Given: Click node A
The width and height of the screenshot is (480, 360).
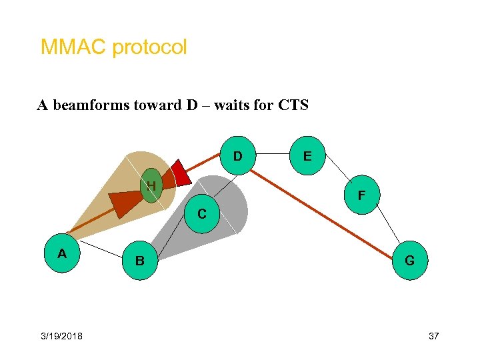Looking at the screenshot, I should click(x=62, y=253).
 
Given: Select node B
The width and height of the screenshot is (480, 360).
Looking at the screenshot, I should click(x=140, y=260).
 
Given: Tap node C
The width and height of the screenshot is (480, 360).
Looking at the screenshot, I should click(x=201, y=215).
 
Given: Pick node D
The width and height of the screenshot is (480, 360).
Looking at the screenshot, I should click(x=237, y=157).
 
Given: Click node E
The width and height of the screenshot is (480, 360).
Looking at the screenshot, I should click(x=307, y=157).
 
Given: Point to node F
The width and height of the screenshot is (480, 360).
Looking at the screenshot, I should click(x=361, y=195).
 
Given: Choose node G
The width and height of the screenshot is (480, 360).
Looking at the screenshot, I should click(x=409, y=261).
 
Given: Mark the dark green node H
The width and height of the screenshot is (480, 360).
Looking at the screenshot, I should click(x=151, y=185).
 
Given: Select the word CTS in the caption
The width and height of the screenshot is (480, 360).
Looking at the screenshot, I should click(x=291, y=105).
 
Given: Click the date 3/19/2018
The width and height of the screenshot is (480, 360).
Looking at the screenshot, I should click(x=61, y=336).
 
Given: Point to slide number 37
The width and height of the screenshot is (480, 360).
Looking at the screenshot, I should click(x=433, y=336).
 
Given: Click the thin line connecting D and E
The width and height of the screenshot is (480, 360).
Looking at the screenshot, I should click(x=272, y=153).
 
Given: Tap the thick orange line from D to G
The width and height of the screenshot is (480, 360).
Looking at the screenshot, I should click(x=320, y=210).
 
